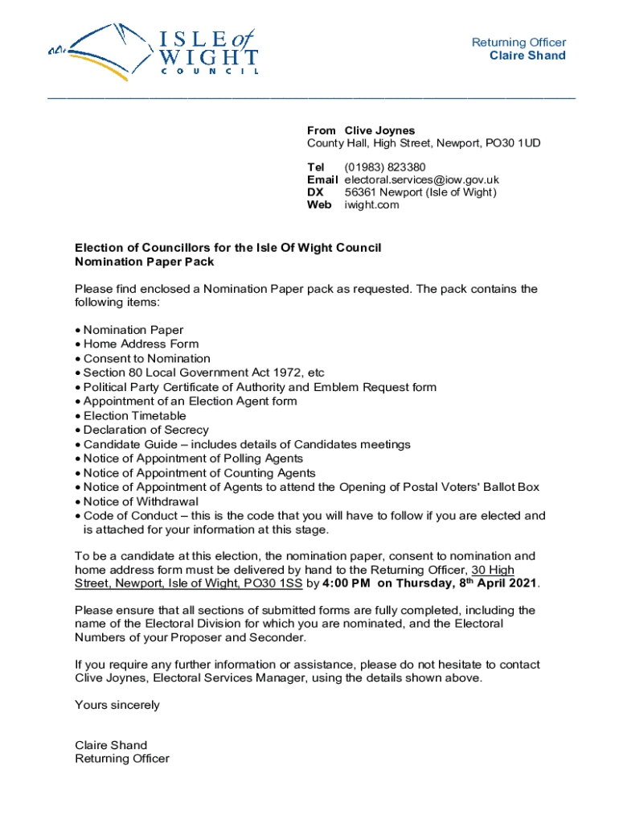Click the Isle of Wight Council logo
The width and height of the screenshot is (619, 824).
(x=153, y=50)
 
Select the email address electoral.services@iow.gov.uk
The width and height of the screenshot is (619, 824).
(x=422, y=180)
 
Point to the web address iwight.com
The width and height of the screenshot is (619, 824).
(x=371, y=205)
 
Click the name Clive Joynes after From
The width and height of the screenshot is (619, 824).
(x=380, y=130)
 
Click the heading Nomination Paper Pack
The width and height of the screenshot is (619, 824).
(x=145, y=262)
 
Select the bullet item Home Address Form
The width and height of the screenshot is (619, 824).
(x=141, y=344)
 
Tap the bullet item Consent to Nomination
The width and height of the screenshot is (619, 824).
(x=146, y=359)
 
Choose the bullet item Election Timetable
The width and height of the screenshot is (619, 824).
(x=134, y=416)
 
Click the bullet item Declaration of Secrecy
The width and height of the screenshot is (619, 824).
(x=146, y=431)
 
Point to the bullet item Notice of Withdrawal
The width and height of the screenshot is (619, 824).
(x=141, y=501)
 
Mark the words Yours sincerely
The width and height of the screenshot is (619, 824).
(x=117, y=705)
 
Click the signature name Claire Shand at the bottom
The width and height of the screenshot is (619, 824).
(x=111, y=745)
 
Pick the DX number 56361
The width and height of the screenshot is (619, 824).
(x=362, y=192)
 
